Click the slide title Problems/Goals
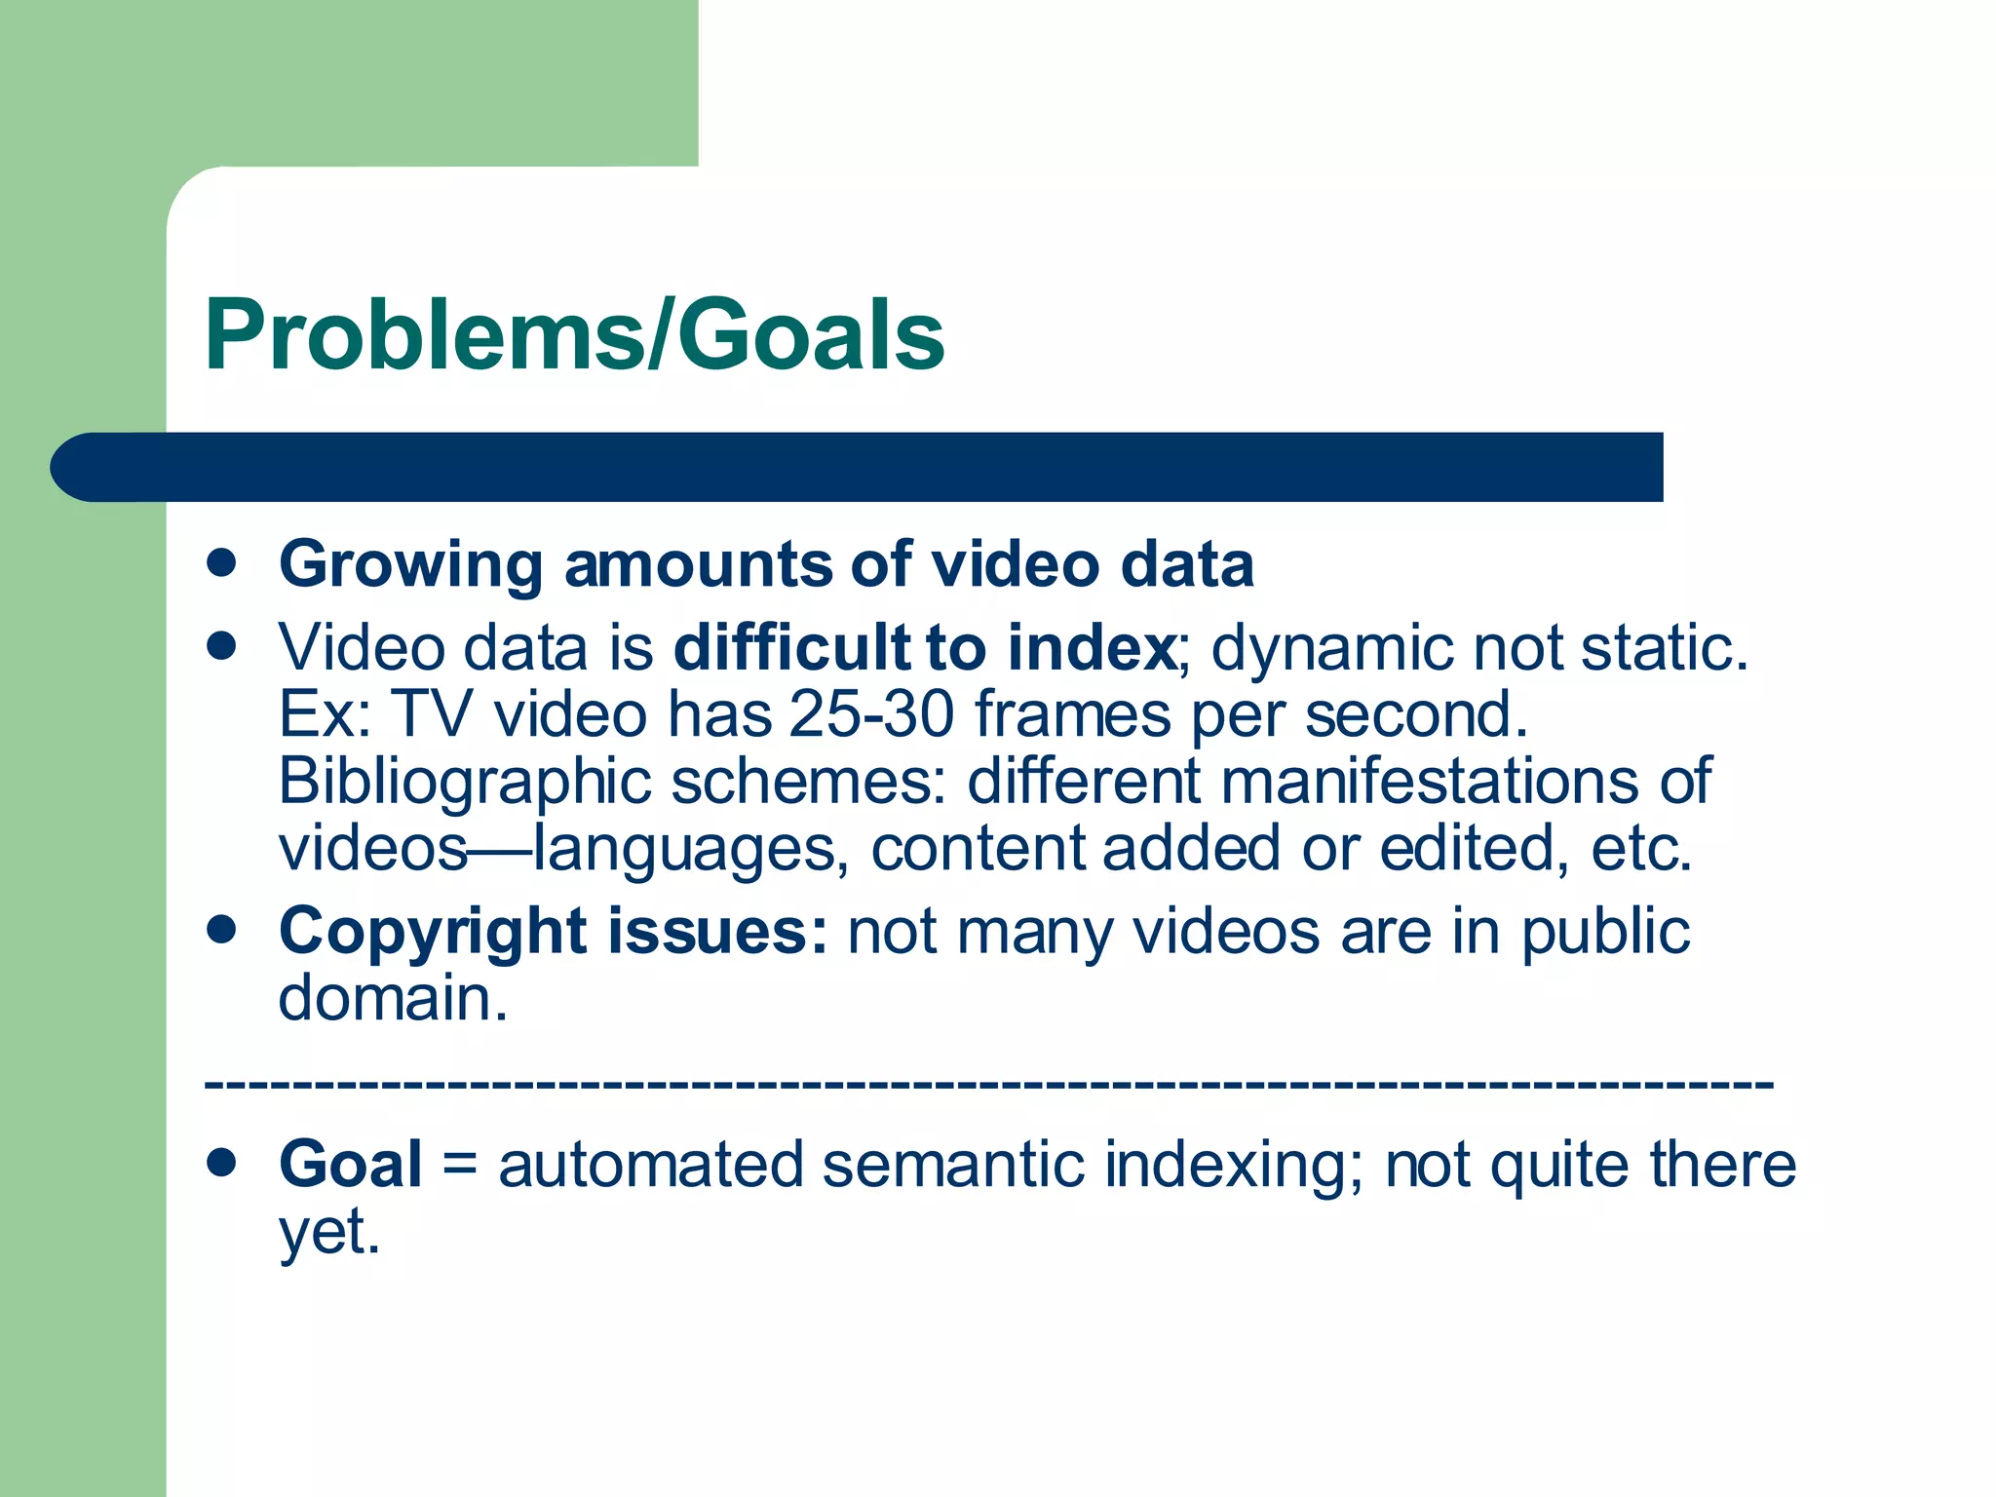coord(574,335)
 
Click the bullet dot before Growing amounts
coord(222,562)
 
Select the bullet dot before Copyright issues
coord(222,929)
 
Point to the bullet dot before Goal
coord(222,1162)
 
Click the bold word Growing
coord(410,565)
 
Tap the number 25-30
coord(871,714)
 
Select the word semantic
coord(952,1165)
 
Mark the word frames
coord(1073,714)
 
